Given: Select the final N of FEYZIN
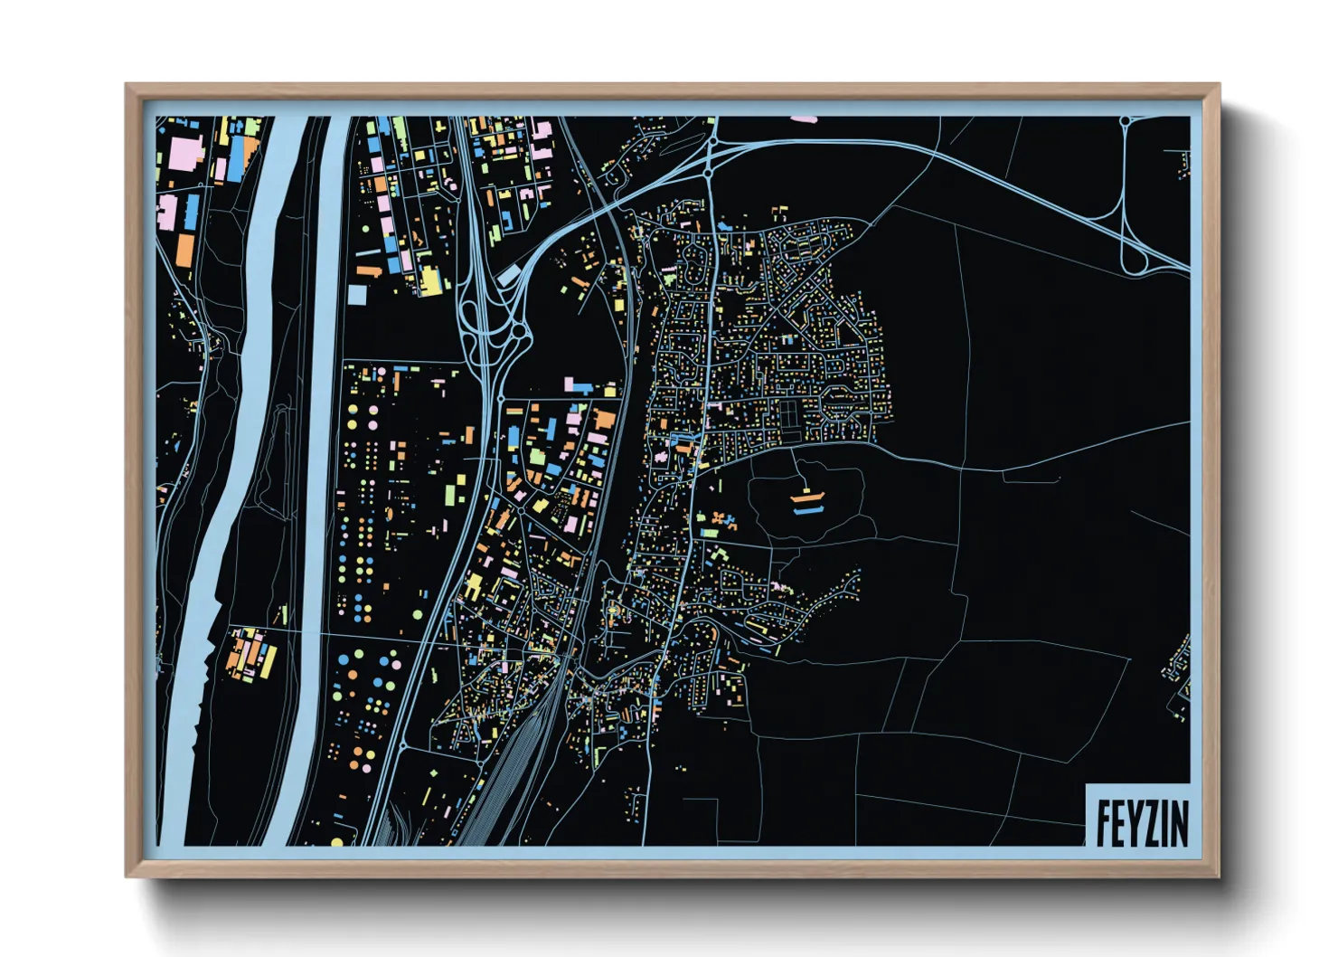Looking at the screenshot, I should click(1179, 823).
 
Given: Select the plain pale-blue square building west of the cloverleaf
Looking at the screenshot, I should click(357, 295).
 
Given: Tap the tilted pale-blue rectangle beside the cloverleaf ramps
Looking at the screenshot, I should click(508, 273).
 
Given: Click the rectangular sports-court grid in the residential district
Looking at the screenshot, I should click(791, 416).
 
